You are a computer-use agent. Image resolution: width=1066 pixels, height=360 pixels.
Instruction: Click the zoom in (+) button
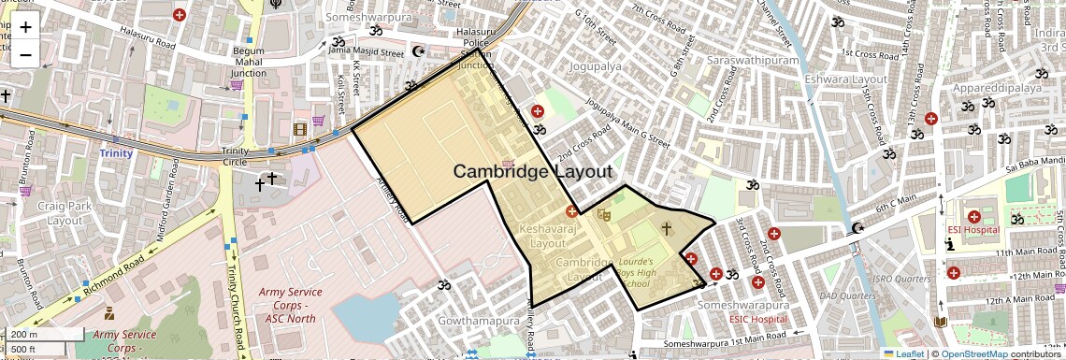point(25,27)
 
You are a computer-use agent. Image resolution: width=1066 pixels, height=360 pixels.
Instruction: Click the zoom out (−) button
point(25,54)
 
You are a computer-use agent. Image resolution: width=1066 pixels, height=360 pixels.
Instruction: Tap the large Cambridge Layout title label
point(533,172)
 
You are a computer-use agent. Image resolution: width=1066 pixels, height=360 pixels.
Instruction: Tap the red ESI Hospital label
point(972,229)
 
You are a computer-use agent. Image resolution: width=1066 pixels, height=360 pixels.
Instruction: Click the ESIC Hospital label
point(758,320)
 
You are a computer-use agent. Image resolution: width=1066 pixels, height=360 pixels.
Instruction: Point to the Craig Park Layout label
point(65,213)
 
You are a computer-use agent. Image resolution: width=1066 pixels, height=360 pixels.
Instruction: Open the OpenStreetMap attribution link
point(974,353)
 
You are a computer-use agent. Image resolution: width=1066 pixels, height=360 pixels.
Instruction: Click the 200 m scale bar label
point(26,334)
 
